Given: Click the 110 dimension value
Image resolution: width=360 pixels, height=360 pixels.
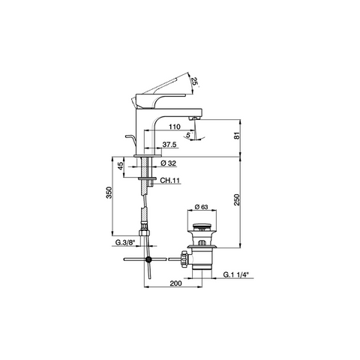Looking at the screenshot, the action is [174, 127].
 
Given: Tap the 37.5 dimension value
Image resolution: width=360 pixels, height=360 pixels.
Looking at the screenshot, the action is [169, 144].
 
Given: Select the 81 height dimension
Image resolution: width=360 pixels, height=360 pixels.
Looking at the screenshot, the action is [237, 135].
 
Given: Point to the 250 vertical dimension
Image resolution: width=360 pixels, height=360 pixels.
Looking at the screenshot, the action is [237, 199].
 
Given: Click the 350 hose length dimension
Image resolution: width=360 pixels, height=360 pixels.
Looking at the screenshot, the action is [109, 193].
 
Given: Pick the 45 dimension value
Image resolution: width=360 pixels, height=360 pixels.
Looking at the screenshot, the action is [121, 166].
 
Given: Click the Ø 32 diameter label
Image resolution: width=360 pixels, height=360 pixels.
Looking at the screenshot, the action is [168, 163].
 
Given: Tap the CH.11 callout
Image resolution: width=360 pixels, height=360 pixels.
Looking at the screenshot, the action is [169, 180].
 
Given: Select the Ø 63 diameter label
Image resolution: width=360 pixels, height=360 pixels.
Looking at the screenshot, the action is [201, 207].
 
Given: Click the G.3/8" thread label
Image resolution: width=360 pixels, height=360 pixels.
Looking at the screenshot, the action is [125, 242].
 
